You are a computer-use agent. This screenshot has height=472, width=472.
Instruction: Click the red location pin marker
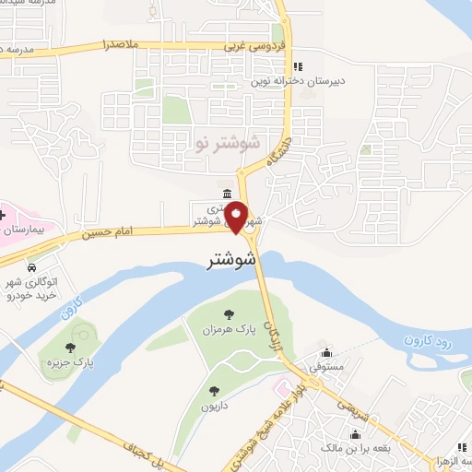[237, 218]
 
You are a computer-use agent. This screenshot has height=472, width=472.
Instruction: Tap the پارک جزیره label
[71, 363]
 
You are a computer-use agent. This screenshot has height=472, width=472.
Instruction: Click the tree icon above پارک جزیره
[70, 348]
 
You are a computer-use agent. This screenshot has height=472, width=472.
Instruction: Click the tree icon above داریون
[214, 391]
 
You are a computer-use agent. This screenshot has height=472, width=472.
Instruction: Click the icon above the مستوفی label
[326, 352]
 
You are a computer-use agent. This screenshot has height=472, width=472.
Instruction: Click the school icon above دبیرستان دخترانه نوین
[297, 66]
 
